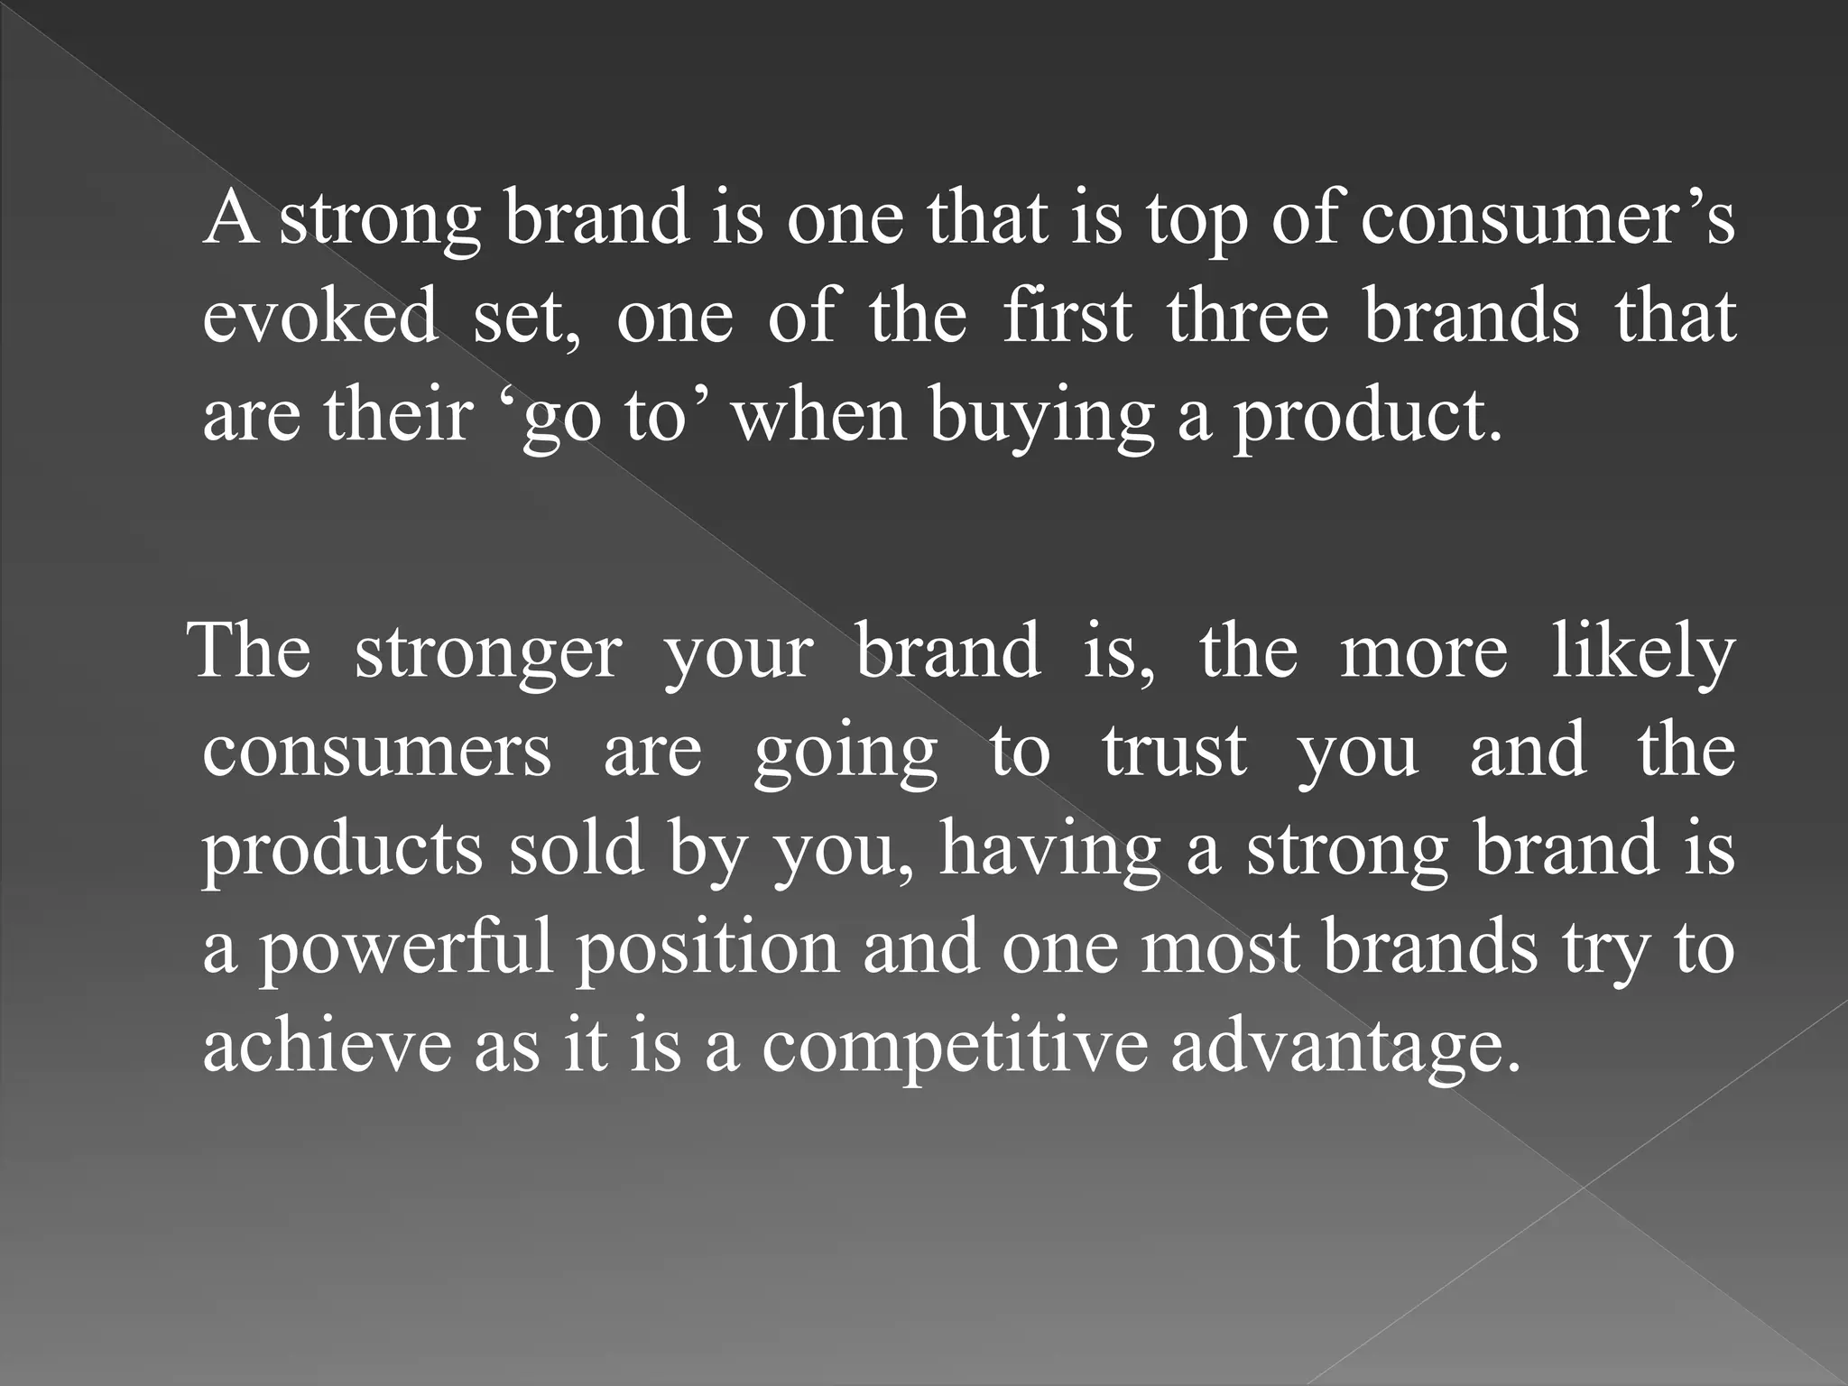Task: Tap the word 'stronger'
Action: [x=488, y=651]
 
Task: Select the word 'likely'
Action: [x=1642, y=651]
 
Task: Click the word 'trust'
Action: [x=1174, y=751]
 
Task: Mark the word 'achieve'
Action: [x=327, y=1046]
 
